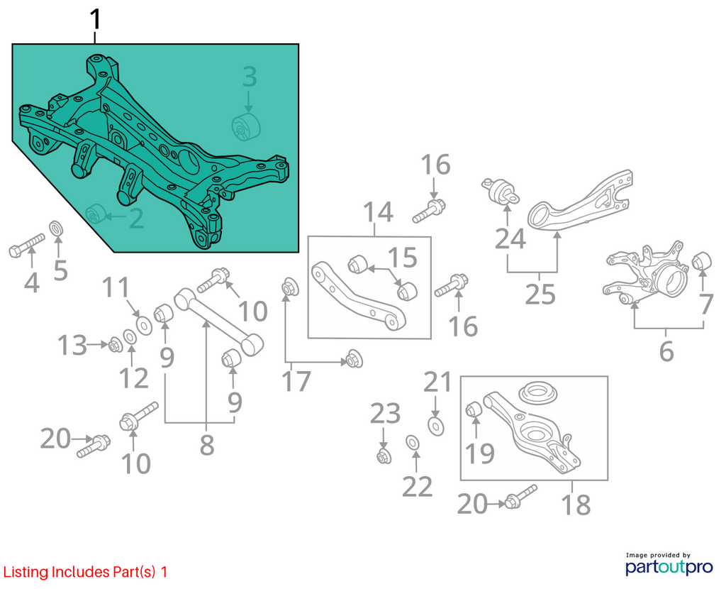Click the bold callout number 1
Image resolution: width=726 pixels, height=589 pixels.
click(x=95, y=20)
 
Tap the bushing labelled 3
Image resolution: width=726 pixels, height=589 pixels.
click(x=246, y=126)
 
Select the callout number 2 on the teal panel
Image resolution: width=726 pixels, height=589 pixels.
click(x=136, y=219)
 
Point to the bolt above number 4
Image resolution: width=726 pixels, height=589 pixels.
click(x=27, y=245)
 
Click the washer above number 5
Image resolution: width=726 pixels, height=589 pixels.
click(x=57, y=229)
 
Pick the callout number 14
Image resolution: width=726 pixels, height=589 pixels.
click(x=378, y=212)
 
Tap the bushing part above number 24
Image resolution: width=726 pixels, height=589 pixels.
click(x=501, y=192)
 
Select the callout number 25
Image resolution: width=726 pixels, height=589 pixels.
click(x=540, y=294)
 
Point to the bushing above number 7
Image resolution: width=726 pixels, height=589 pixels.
click(x=701, y=261)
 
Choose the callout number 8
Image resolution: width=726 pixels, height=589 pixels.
click(x=206, y=445)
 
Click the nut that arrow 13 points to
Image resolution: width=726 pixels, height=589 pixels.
click(x=115, y=346)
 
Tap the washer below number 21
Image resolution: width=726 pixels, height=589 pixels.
click(x=435, y=426)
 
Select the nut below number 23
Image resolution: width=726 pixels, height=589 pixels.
click(x=384, y=456)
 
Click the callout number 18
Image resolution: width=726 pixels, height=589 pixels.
click(x=576, y=505)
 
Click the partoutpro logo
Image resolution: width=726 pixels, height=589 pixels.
click(x=669, y=564)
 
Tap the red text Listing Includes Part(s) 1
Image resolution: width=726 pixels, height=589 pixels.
click(x=85, y=572)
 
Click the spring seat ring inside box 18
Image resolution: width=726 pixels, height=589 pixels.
click(x=537, y=395)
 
